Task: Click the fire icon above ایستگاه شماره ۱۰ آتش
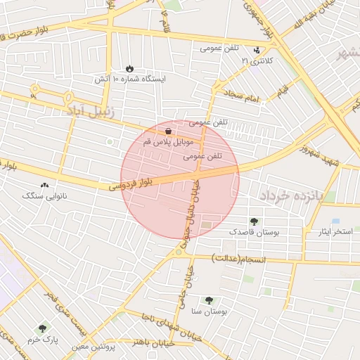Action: pyautogui.click(x=129, y=68)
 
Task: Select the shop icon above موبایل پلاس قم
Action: pyautogui.click(x=168, y=131)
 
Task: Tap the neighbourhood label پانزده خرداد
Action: pyautogui.click(x=288, y=197)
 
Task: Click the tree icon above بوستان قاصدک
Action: pyautogui.click(x=254, y=221)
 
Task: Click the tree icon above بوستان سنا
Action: pyautogui.click(x=209, y=300)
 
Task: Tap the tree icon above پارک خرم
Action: pyautogui.click(x=43, y=328)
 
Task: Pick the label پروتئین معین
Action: pyautogui.click(x=95, y=346)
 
